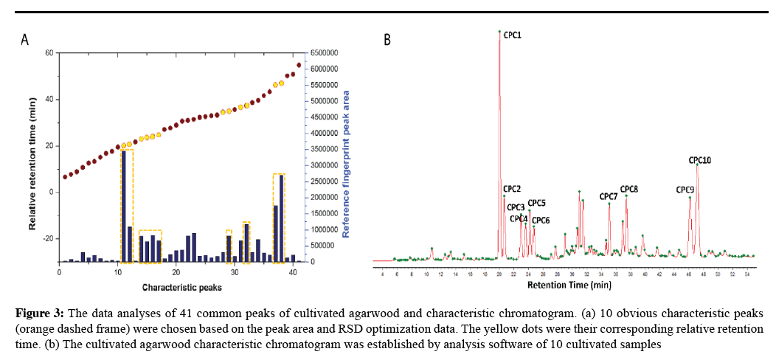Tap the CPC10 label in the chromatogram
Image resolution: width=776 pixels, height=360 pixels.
pos(699,159)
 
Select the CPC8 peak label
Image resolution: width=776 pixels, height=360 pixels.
pos(628,189)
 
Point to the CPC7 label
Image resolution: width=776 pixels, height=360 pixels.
pos(608,196)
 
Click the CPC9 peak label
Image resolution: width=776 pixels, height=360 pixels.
pos(685,189)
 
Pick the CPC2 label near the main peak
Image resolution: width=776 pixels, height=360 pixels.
pos(513,189)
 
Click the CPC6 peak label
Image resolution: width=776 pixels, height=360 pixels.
pos(541,220)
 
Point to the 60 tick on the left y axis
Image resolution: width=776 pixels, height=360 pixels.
pos(49,53)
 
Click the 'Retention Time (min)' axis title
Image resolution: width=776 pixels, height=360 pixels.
pos(569,284)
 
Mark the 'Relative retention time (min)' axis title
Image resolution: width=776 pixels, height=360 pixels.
pos(33,156)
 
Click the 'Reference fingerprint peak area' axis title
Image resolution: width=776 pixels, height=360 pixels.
pos(345,157)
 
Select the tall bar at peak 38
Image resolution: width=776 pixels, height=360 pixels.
pos(282,218)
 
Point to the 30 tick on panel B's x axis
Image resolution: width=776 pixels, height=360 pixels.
pos(572,274)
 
